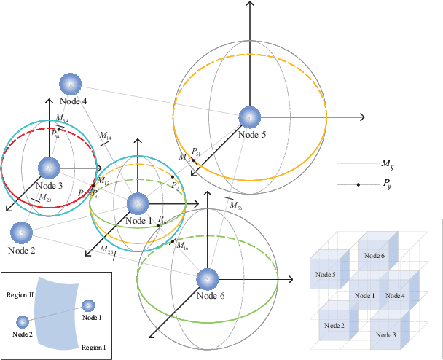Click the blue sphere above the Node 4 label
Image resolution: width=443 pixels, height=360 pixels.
[x=70, y=84]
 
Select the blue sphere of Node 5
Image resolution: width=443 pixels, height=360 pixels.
[x=249, y=117]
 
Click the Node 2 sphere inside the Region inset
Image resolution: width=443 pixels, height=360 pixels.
[x=23, y=321]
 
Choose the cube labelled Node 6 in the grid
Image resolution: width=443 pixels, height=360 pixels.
[x=375, y=255]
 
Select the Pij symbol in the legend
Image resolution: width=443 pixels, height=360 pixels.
[x=358, y=185]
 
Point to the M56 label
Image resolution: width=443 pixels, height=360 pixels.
[x=235, y=207]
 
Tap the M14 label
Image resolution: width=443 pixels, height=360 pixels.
[x=105, y=136]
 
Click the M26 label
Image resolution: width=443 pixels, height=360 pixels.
[x=106, y=251]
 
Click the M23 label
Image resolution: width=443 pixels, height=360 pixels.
[x=44, y=197]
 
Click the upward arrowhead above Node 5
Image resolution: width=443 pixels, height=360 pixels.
[x=250, y=5]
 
